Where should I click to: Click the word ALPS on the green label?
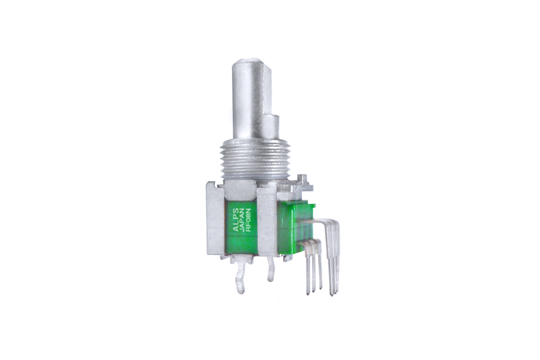(236, 217)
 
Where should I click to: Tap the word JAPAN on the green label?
(242, 217)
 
